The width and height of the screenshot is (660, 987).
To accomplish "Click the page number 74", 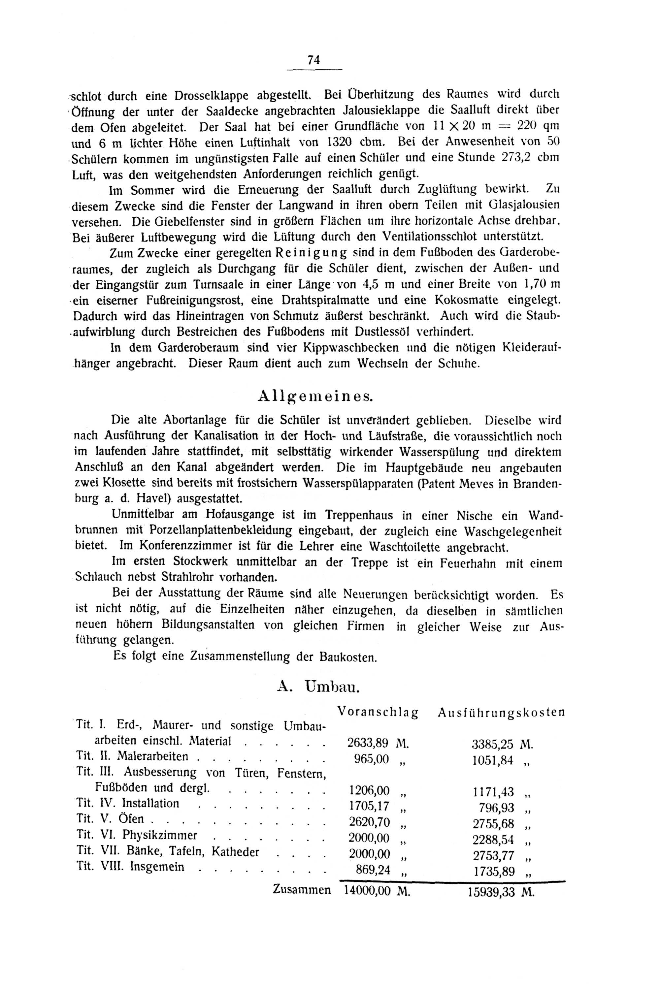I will coord(313,60).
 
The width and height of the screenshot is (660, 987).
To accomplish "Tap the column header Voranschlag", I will coord(378,712).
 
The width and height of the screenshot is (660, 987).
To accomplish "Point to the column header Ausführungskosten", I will coord(501,712).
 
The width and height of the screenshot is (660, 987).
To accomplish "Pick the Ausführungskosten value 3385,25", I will coord(493,744).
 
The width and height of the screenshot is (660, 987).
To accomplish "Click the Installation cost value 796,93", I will coord(496,808).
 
